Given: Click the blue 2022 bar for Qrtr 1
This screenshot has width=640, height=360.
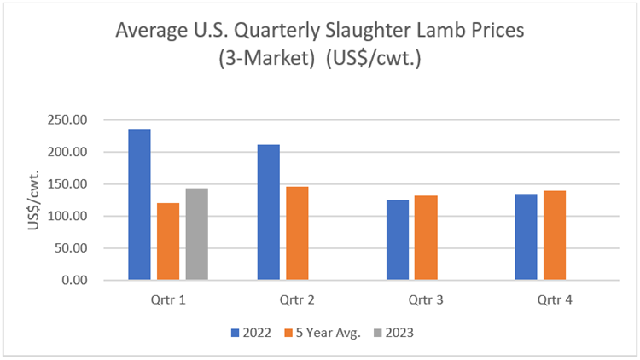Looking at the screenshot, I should (139, 205).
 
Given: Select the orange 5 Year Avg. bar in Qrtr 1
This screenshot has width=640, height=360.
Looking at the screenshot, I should (168, 241).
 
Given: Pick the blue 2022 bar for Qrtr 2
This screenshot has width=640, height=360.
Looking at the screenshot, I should (268, 212).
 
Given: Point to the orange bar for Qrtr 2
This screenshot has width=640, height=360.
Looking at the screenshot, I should (297, 233).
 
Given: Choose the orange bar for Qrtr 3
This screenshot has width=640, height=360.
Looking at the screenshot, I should (426, 238).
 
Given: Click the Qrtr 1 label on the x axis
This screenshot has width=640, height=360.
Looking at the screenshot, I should (167, 299).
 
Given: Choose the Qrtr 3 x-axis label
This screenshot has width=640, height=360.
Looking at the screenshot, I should (425, 299).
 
